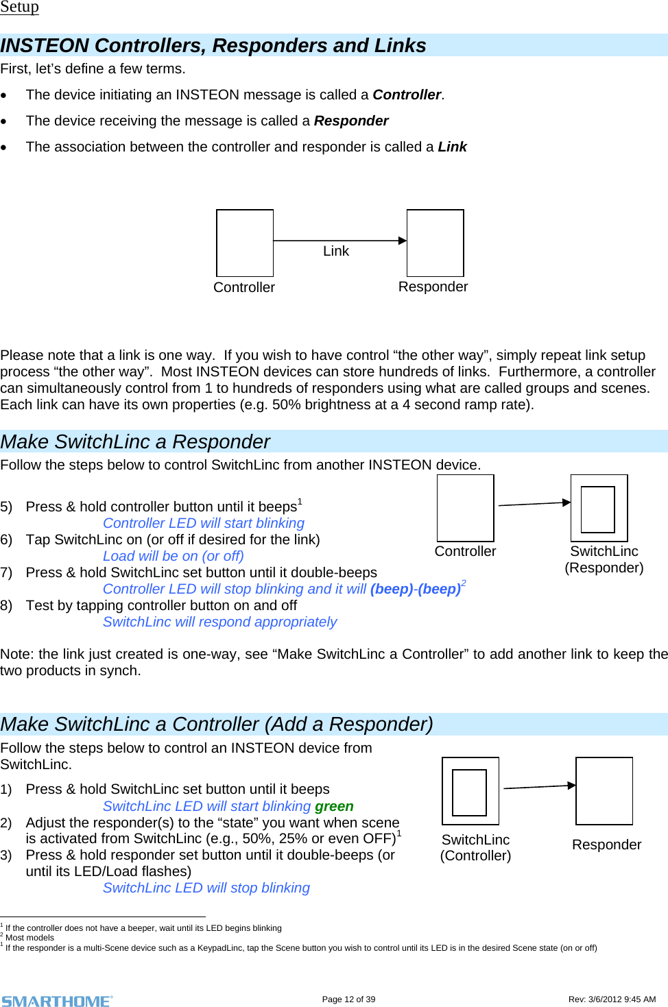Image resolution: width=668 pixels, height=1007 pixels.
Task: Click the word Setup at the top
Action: (x=19, y=7)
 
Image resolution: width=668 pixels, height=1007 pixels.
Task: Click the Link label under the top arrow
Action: (x=336, y=252)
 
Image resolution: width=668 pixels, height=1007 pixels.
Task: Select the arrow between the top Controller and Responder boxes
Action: (x=339, y=241)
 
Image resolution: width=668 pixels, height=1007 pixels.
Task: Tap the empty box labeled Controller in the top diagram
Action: (x=245, y=243)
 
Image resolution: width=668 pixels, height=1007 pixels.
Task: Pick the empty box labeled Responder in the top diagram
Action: (x=435, y=243)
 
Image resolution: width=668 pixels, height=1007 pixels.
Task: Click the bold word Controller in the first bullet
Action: (x=407, y=95)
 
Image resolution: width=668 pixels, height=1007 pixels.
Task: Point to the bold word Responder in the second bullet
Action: (x=351, y=121)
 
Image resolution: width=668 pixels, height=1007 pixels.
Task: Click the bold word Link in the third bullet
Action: (x=452, y=147)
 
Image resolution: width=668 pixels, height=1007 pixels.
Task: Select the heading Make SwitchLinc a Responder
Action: (x=135, y=441)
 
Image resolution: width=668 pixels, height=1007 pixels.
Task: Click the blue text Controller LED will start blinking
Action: (x=204, y=523)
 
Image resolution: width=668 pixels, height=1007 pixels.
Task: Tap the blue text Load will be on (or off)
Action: (x=174, y=556)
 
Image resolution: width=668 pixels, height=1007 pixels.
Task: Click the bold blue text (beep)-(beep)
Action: (x=415, y=589)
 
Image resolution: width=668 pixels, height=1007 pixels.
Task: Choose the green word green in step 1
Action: (x=334, y=806)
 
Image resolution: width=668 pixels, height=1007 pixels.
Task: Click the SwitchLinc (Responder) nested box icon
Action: (x=599, y=508)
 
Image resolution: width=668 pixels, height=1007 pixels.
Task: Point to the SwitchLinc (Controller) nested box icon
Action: (x=470, y=791)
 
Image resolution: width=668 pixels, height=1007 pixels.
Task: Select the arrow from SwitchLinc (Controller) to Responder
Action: (x=539, y=787)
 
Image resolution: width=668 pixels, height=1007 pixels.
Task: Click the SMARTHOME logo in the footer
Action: (x=57, y=1001)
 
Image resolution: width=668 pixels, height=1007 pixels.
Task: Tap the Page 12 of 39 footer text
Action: (x=348, y=999)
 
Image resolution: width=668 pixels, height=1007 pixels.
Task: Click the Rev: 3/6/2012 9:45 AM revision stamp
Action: (x=612, y=999)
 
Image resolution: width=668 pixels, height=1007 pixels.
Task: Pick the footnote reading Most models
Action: (x=29, y=938)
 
